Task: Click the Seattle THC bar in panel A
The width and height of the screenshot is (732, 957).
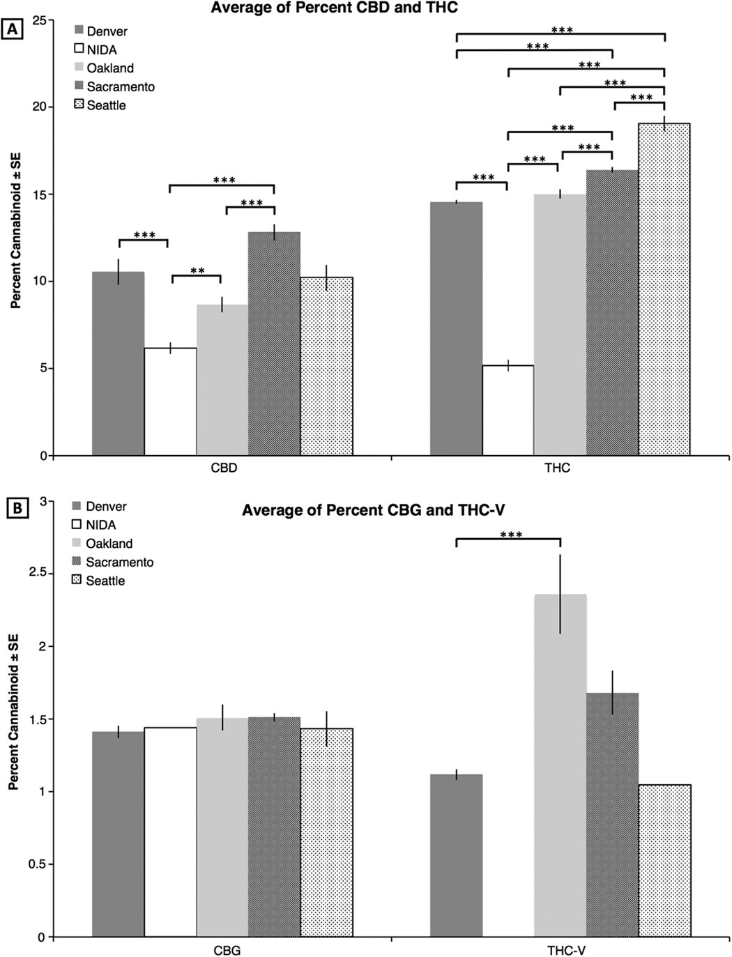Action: point(664,289)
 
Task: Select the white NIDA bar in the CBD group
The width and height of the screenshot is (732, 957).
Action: point(170,401)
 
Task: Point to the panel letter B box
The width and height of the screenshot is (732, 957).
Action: point(15,508)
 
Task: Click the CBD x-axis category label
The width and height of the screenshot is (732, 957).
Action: point(224,468)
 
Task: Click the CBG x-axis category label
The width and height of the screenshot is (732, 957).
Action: point(227,949)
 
